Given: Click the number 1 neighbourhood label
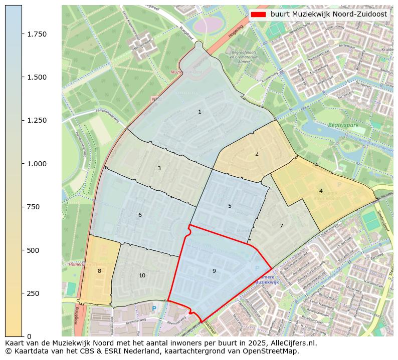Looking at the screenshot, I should click(200, 112).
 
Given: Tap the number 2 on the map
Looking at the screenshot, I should click(257, 154).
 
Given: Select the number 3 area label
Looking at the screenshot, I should click(159, 168).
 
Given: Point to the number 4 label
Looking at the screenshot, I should click(321, 191).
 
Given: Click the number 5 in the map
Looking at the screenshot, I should click(230, 206).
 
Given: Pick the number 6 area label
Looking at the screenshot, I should click(140, 215).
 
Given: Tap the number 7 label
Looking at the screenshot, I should click(281, 226).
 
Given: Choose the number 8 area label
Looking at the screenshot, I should click(99, 271).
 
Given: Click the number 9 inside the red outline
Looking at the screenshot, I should click(214, 271).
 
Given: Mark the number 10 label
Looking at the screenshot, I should click(142, 275).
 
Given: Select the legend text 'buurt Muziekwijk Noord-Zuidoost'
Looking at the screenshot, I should click(328, 15).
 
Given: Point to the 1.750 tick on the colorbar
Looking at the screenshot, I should click(37, 34).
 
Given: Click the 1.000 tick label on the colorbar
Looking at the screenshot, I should click(37, 164).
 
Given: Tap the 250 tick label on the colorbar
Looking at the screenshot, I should click(34, 293).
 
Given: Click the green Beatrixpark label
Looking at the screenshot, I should click(344, 125).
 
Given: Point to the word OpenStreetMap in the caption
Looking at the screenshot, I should click(273, 351).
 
